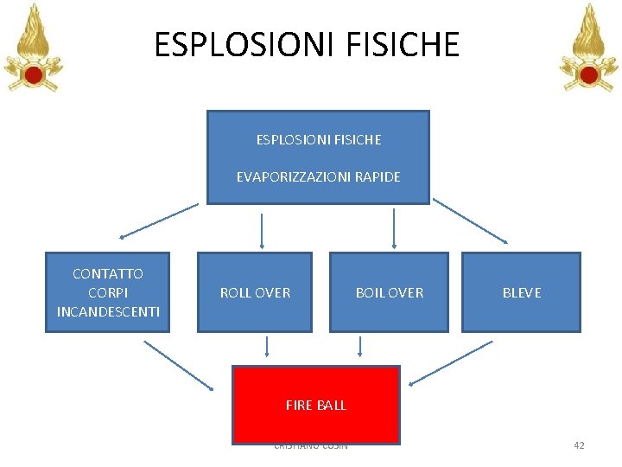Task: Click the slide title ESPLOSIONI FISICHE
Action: (x=307, y=44)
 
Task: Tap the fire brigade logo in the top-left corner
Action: (x=34, y=48)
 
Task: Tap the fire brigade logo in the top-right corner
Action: (x=589, y=48)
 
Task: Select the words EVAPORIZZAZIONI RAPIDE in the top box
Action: (x=318, y=176)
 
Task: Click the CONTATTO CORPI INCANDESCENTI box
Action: (x=108, y=292)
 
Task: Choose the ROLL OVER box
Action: (x=255, y=292)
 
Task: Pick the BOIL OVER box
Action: (x=390, y=292)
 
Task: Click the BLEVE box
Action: (x=521, y=292)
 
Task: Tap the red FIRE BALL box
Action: (x=315, y=404)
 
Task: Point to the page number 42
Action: (x=579, y=445)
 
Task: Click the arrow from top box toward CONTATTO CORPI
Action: (x=159, y=221)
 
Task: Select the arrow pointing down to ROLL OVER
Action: (x=262, y=230)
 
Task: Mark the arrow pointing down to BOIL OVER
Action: (x=394, y=228)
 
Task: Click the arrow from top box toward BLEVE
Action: (x=471, y=221)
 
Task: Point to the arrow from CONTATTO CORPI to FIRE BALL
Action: (x=178, y=364)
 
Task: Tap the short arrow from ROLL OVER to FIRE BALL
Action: (x=268, y=346)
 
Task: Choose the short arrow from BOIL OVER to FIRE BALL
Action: (x=360, y=346)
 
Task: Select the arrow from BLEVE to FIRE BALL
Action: (x=450, y=363)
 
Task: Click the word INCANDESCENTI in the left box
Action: (x=108, y=311)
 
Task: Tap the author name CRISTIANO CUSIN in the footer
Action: (x=310, y=445)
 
